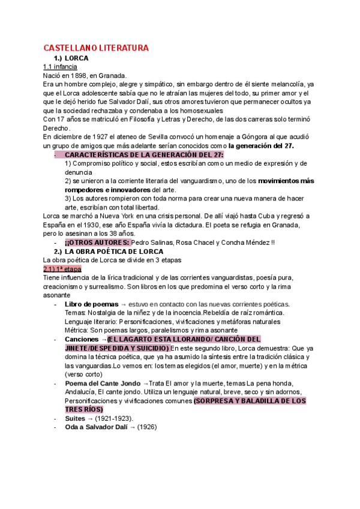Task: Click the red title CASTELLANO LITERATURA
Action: coord(96,47)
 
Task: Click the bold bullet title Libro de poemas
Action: coord(91,304)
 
